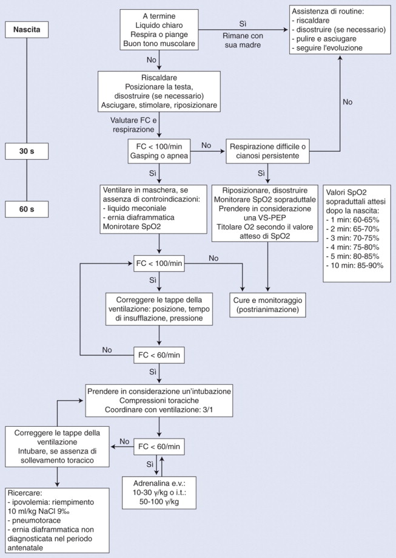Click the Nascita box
[27, 29]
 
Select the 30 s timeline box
[27, 151]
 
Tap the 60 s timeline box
[27, 209]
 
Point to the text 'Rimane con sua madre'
[243, 41]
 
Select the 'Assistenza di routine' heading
[327, 12]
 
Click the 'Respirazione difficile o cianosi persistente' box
[267, 151]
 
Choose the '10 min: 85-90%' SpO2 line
[355, 265]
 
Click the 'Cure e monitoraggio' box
[267, 305]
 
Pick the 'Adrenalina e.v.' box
[159, 493]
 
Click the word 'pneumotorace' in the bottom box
[34, 520]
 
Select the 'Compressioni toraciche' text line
[159, 401]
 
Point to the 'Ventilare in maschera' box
[153, 209]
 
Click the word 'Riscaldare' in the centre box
[159, 78]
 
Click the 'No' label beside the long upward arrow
[347, 102]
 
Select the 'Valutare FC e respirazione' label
[133, 125]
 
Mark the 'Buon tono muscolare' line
[159, 44]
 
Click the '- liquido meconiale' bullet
[135, 208]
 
